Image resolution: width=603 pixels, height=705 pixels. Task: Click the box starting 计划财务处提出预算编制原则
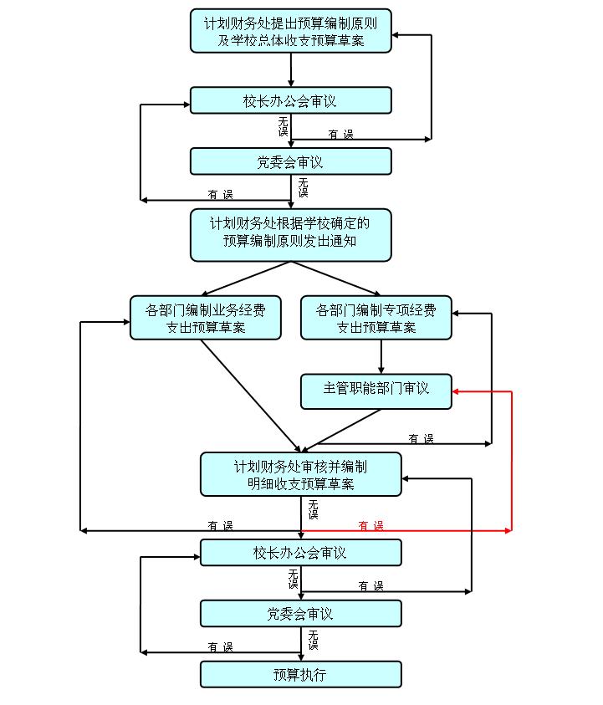[290, 31]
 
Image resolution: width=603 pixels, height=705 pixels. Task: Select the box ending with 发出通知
[290, 234]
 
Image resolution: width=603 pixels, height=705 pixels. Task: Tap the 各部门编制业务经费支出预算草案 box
[206, 318]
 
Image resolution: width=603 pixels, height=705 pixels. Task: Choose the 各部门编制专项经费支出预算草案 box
[376, 318]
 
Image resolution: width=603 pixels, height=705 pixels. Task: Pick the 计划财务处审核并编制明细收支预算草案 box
[301, 474]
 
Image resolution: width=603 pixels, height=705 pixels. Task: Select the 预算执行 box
[301, 674]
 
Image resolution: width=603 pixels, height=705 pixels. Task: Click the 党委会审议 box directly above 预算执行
[301, 613]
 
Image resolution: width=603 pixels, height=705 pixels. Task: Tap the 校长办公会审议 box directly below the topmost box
[290, 100]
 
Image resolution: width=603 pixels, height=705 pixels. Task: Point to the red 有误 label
[370, 525]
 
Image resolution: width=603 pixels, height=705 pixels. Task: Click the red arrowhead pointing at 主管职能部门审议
[457, 391]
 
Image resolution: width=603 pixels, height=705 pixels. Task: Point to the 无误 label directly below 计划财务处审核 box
[313, 509]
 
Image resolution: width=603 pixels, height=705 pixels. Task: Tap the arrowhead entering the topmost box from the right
[397, 35]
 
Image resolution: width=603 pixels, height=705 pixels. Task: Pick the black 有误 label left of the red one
[220, 525]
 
